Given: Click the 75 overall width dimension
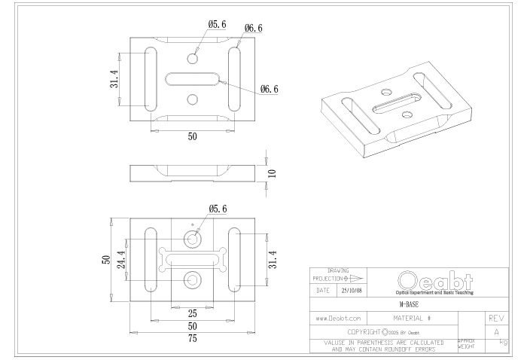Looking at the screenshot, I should tap(193, 339).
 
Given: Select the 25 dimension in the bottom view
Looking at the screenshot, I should tap(192, 312).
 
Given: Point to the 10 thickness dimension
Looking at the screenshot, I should tap(273, 172).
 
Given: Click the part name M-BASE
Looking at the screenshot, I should tap(409, 306).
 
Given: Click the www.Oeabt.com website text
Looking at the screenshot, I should tap(337, 319).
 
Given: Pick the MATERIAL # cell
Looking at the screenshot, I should tap(411, 319).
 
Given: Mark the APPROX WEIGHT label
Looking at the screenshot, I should tap(466, 344).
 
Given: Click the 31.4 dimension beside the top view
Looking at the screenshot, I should tap(114, 78).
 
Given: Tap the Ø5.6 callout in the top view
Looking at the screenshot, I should tap(217, 25).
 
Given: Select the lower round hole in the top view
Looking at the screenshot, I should tap(193, 99).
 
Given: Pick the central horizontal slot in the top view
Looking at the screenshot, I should tap(193, 78).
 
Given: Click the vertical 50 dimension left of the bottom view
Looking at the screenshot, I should tap(106, 260).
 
